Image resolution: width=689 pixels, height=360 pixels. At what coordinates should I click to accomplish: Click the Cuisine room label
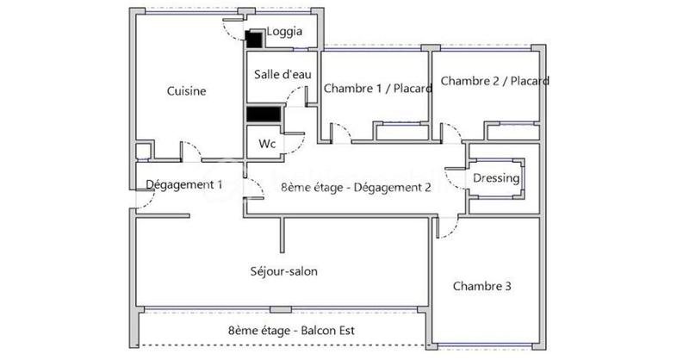tap(186, 92)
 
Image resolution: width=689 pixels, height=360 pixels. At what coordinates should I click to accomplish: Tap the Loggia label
tap(284, 32)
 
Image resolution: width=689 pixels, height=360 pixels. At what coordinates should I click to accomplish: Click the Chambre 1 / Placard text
tap(377, 87)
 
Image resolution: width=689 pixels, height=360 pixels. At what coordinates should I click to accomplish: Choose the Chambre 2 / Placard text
tap(494, 81)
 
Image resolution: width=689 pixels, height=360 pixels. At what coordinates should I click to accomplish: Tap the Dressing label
tap(496, 178)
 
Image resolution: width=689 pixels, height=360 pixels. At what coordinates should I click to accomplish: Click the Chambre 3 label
tap(483, 286)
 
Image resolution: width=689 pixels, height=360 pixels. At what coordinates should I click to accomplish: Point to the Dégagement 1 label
tap(184, 184)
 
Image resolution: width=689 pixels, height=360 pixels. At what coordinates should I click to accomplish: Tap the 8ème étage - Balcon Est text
tap(279, 331)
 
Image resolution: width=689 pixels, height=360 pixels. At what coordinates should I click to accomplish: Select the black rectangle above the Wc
tap(264, 114)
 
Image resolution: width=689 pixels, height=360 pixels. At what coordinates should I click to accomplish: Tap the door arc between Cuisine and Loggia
tap(231, 29)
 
